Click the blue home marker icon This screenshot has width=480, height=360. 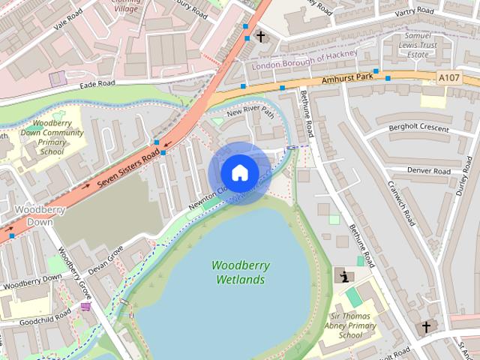pos(239,172)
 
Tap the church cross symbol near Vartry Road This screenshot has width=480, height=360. pos(261,35)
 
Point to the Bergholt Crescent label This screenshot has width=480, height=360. pos(419,128)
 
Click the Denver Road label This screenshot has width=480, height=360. pos(429,169)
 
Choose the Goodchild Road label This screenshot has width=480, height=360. pos(36,315)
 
